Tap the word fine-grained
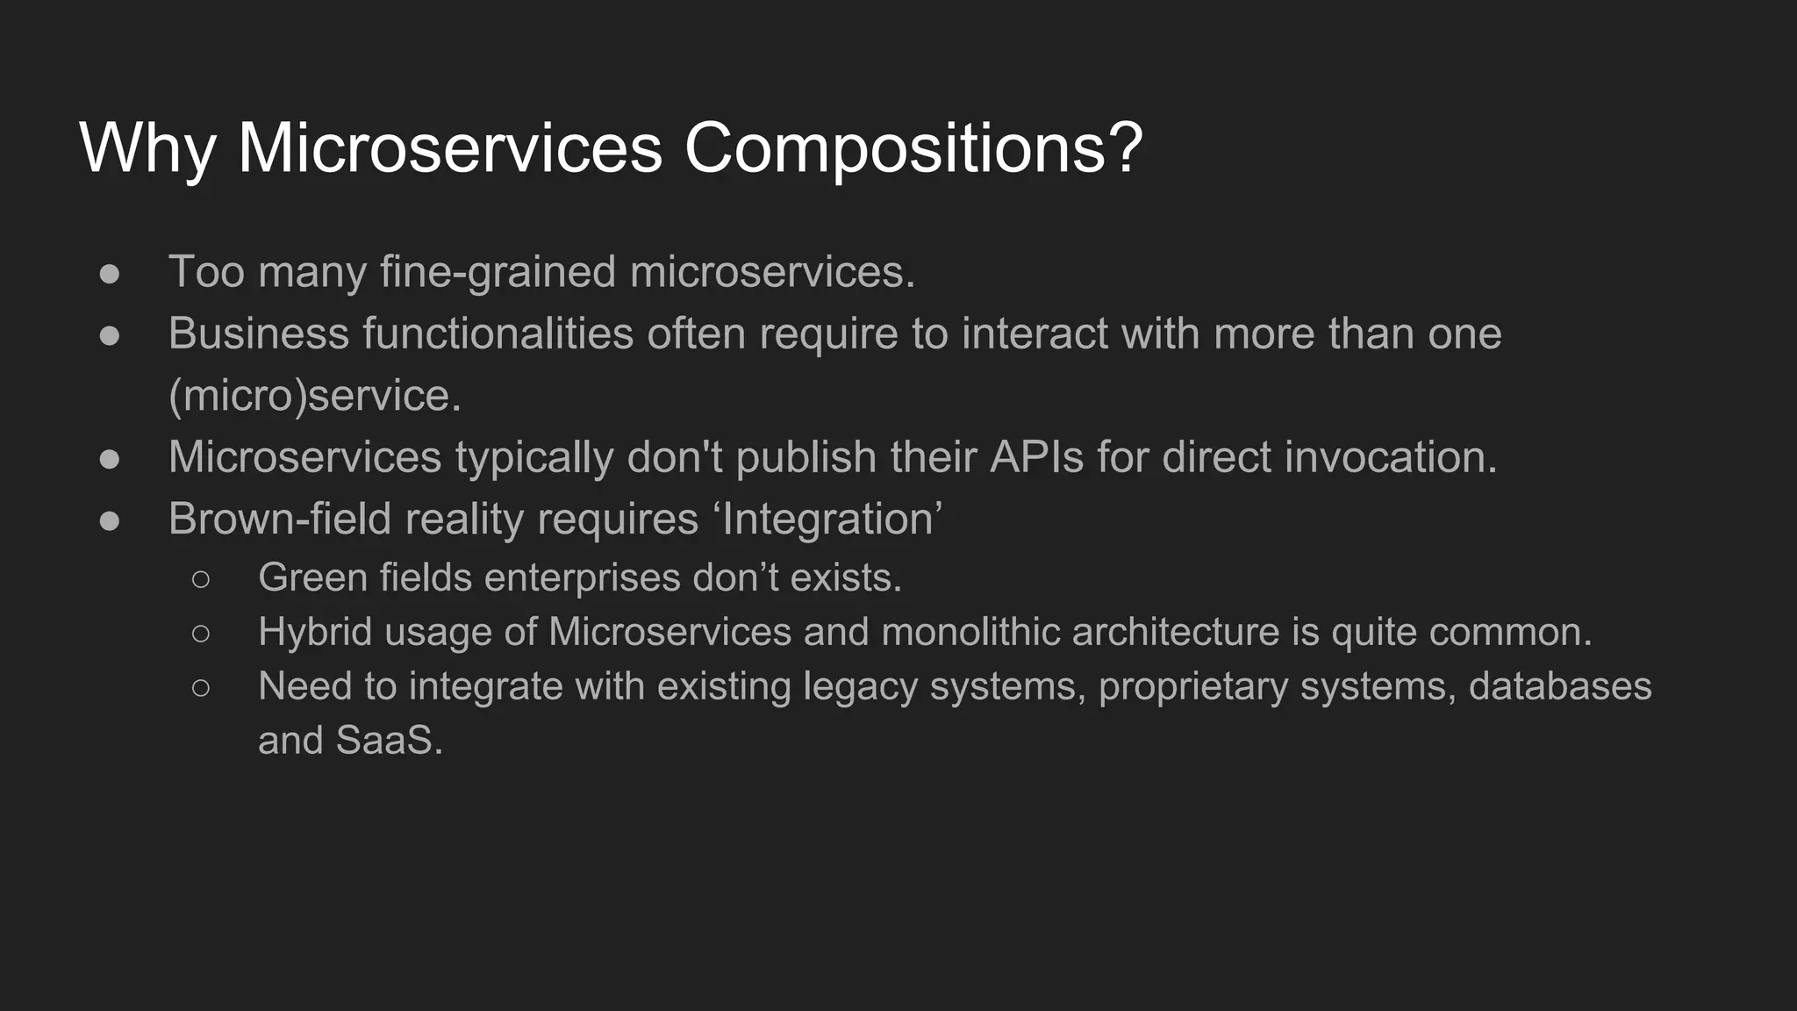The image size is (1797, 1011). click(498, 272)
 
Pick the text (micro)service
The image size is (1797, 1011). click(314, 396)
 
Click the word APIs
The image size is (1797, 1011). click(1036, 457)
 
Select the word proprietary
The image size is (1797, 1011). click(1192, 686)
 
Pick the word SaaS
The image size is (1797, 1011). click(389, 740)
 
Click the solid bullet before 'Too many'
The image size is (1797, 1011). click(110, 273)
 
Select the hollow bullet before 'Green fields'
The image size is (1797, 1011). click(201, 578)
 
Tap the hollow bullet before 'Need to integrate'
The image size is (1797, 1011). click(201, 687)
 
